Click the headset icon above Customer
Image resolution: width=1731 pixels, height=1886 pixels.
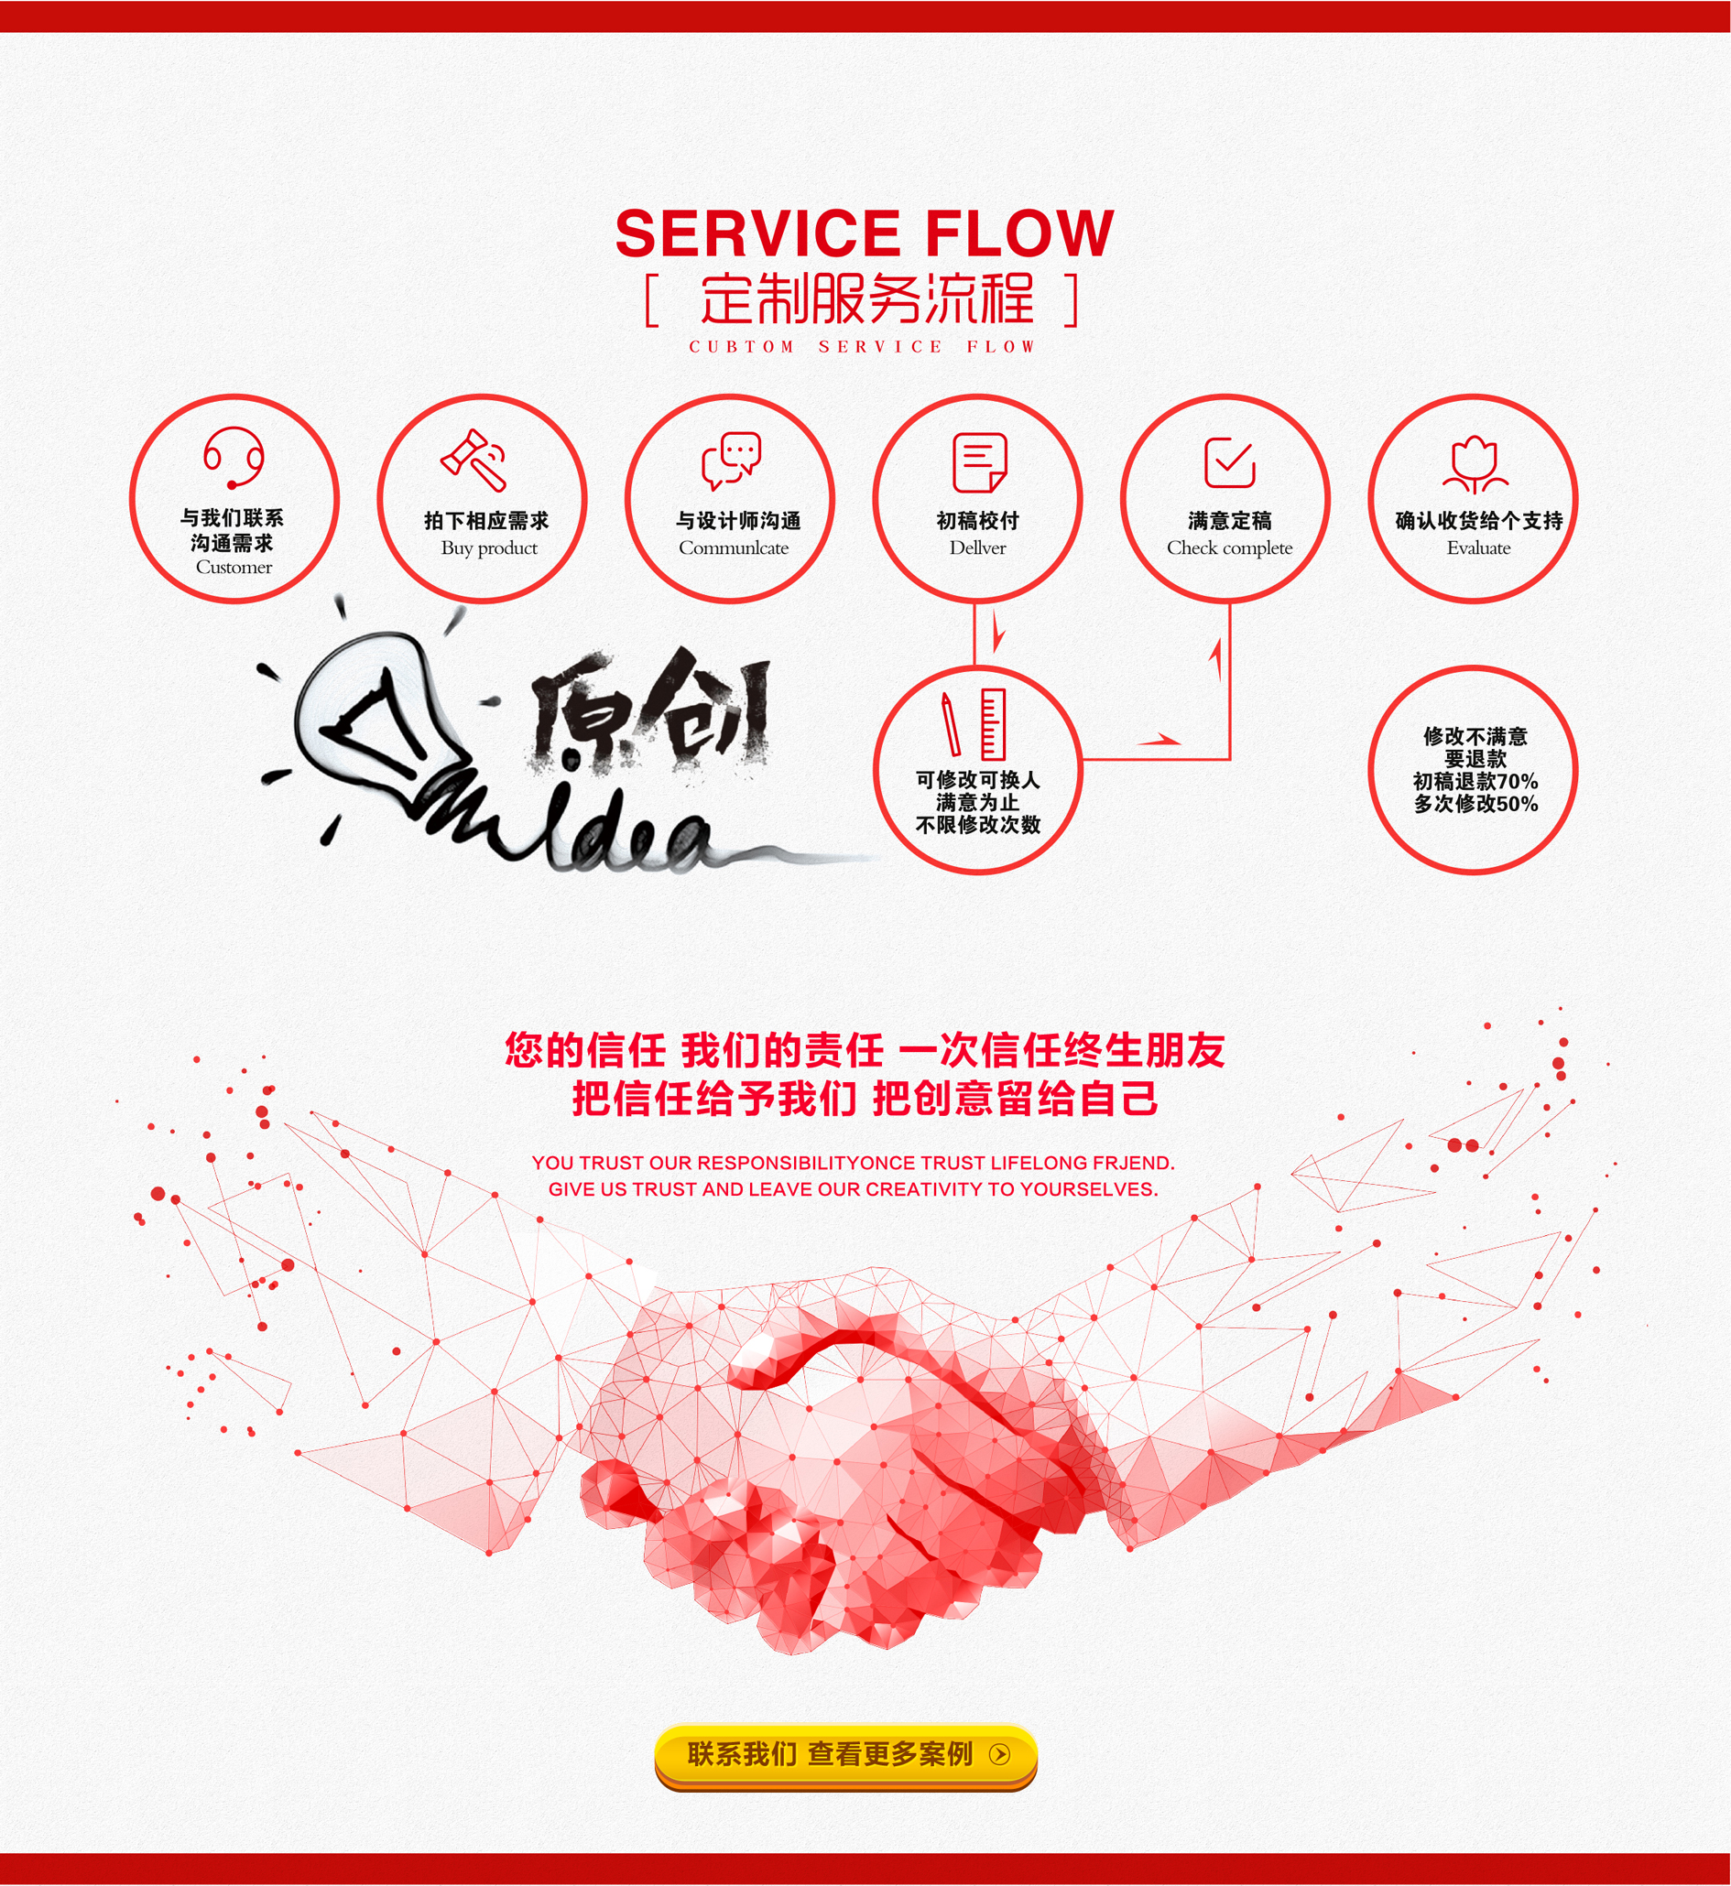234,457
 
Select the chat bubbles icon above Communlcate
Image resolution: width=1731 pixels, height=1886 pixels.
732,460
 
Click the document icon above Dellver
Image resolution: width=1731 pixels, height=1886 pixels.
979,461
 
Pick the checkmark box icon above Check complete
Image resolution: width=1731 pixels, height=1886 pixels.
1229,461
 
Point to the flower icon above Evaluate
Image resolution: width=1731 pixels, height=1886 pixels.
1475,464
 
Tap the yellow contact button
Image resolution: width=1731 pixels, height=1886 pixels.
844,1754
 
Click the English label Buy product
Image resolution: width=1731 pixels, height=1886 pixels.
489,547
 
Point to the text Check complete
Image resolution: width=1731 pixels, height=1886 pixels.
1229,547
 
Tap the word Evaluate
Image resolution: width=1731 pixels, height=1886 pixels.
1478,547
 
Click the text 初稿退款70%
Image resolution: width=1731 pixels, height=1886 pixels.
1475,781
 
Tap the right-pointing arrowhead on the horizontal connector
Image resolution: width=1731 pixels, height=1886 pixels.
1161,740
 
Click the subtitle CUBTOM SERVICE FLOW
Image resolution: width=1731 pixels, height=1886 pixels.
862,346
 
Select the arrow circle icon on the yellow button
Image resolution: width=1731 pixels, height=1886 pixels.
999,1754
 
